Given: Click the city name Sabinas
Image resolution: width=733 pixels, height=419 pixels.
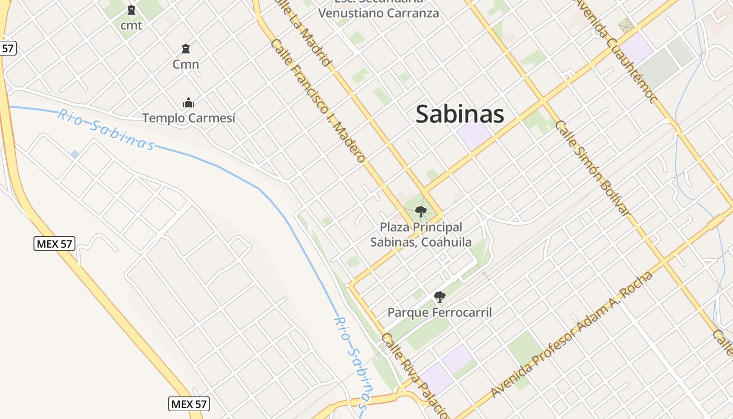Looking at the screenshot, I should tap(460, 114).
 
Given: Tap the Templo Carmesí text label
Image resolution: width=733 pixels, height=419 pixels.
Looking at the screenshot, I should tap(189, 118).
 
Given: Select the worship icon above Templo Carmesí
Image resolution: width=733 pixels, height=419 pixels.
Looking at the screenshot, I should tap(188, 103).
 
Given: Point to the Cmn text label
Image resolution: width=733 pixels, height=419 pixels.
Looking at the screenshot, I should tap(186, 64).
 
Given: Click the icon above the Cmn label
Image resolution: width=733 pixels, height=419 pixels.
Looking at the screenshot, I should tap(185, 49).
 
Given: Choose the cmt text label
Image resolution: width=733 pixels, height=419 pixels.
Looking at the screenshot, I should tap(131, 25).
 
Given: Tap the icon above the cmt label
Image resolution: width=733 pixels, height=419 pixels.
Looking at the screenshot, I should tap(131, 10).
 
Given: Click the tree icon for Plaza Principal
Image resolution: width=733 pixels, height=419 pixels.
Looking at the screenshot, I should tap(420, 212).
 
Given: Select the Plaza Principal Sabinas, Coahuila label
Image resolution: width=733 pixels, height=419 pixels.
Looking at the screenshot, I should tap(421, 235).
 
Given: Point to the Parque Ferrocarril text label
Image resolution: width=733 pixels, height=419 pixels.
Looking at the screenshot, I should tap(440, 313).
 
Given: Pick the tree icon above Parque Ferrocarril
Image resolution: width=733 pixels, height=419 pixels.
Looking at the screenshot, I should tap(440, 297).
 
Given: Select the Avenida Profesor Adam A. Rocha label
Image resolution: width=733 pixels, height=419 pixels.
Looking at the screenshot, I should tap(572, 334).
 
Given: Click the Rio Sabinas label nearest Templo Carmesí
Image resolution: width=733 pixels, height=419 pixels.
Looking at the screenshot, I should tap(106, 129).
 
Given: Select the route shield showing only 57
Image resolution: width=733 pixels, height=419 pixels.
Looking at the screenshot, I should tap(7, 48).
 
